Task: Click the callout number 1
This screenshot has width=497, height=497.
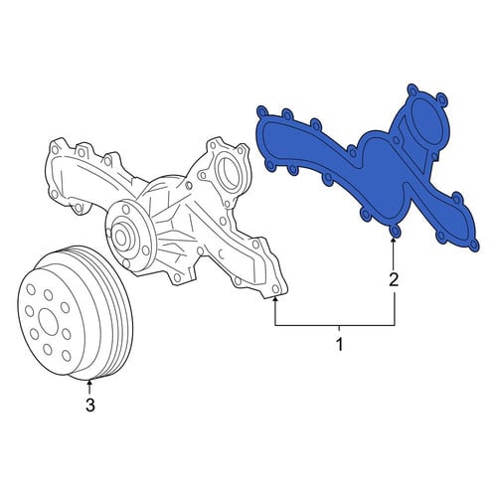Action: (x=339, y=344)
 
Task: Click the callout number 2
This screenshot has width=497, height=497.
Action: (x=394, y=280)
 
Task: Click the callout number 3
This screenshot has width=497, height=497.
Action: (x=90, y=405)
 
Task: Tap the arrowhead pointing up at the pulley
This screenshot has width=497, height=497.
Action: (x=89, y=384)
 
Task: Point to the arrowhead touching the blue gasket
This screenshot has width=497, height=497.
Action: (x=394, y=241)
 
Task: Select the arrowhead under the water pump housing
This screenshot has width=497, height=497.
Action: (x=275, y=299)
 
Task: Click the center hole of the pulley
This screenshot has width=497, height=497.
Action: (x=49, y=322)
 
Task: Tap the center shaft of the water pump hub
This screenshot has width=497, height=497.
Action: (x=120, y=237)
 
